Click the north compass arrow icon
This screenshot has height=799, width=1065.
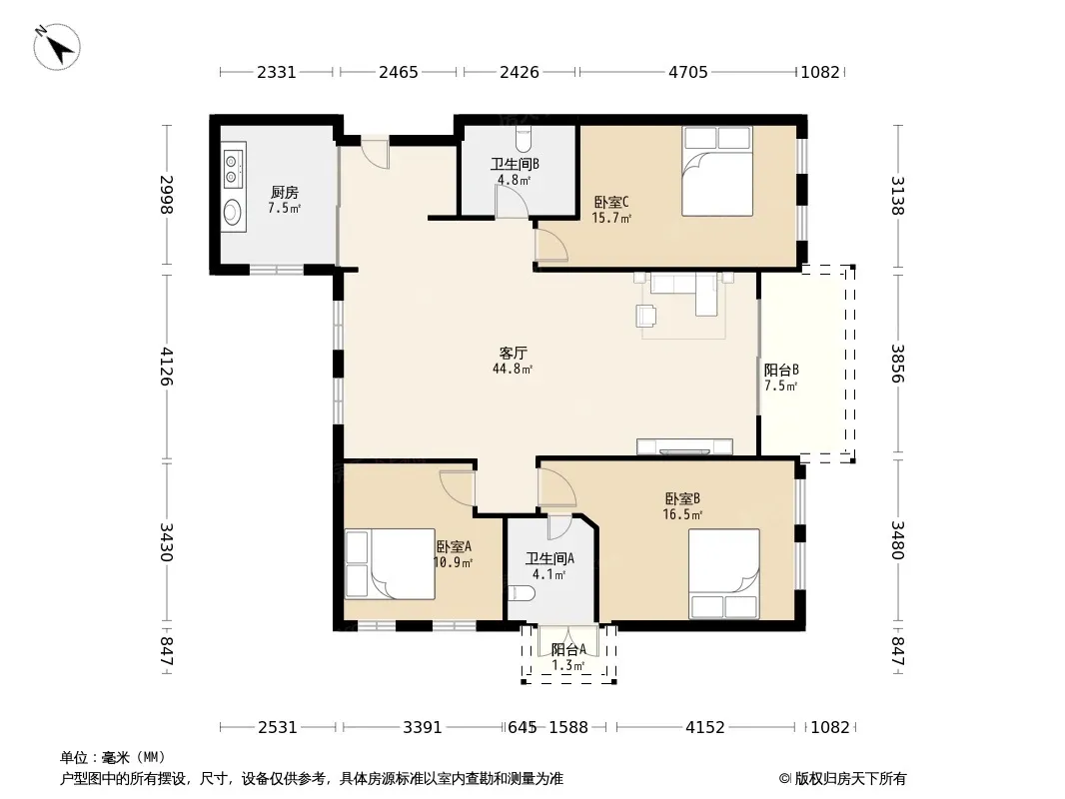pyautogui.click(x=58, y=46)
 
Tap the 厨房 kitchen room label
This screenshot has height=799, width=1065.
pyautogui.click(x=284, y=193)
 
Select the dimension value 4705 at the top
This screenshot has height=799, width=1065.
pyautogui.click(x=688, y=72)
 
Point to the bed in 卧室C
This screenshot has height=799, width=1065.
pyautogui.click(x=717, y=171)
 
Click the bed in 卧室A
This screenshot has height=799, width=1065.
pyautogui.click(x=390, y=564)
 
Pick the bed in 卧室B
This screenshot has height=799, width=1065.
pyautogui.click(x=724, y=573)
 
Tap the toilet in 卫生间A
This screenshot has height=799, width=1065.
pyautogui.click(x=521, y=593)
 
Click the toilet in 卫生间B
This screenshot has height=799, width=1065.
pyautogui.click(x=523, y=139)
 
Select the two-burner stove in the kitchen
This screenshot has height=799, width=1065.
pyautogui.click(x=232, y=169)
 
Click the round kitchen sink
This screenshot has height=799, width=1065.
pyautogui.click(x=233, y=211)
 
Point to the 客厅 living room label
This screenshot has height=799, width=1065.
pyautogui.click(x=513, y=353)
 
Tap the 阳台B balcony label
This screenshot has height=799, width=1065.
pyautogui.click(x=781, y=370)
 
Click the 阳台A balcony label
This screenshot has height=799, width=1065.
pyautogui.click(x=568, y=649)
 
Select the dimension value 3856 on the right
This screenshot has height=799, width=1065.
pyautogui.click(x=898, y=364)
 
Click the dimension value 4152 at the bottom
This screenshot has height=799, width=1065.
pyautogui.click(x=705, y=728)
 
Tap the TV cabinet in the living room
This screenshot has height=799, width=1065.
pyautogui.click(x=684, y=446)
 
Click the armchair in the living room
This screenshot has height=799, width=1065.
pyautogui.click(x=646, y=316)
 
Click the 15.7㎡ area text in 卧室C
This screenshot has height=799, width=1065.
pyautogui.click(x=611, y=218)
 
